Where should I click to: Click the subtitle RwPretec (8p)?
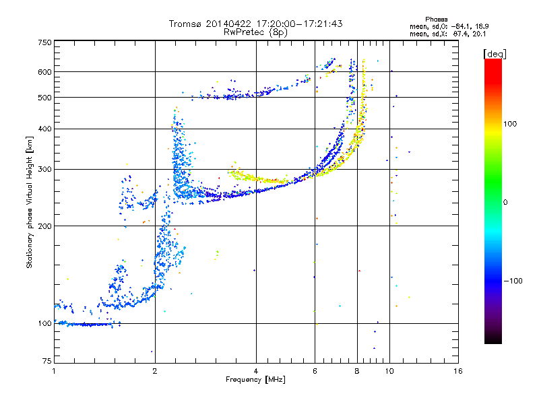click(x=255, y=32)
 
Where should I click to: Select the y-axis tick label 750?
click(x=44, y=42)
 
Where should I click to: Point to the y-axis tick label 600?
click(x=44, y=72)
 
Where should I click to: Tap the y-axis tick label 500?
click(x=44, y=98)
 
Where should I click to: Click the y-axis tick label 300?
click(x=44, y=169)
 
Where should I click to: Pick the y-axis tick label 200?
click(x=44, y=226)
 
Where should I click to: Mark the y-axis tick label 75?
click(x=47, y=361)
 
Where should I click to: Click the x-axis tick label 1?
click(x=54, y=371)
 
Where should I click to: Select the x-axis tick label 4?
click(x=256, y=371)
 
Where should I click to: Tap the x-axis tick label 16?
click(x=458, y=371)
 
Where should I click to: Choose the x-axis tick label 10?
click(x=389, y=371)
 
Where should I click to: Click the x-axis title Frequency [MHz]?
click(x=255, y=380)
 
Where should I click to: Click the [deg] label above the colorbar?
click(x=495, y=55)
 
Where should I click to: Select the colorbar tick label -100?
click(x=513, y=281)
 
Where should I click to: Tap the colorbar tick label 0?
click(x=505, y=203)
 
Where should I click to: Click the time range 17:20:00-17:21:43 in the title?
click(x=299, y=24)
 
